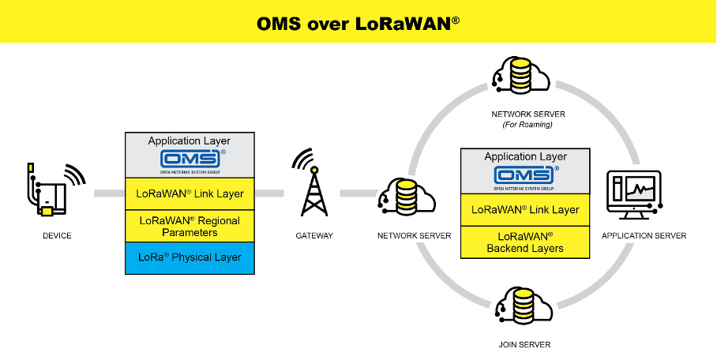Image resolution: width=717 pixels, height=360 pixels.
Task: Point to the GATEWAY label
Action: tap(314, 235)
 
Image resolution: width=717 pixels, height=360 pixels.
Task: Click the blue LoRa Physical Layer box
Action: tap(190, 257)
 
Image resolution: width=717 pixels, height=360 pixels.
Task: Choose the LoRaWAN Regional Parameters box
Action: tap(190, 226)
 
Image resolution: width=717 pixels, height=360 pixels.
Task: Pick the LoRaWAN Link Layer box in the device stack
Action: tap(190, 193)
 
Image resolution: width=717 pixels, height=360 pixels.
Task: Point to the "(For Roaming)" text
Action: tap(526, 124)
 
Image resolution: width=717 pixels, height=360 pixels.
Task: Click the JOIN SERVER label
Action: tap(525, 344)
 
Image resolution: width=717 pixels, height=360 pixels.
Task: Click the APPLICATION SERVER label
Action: tap(644, 235)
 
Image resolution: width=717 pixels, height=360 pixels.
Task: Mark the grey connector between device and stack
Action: tap(109, 193)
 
